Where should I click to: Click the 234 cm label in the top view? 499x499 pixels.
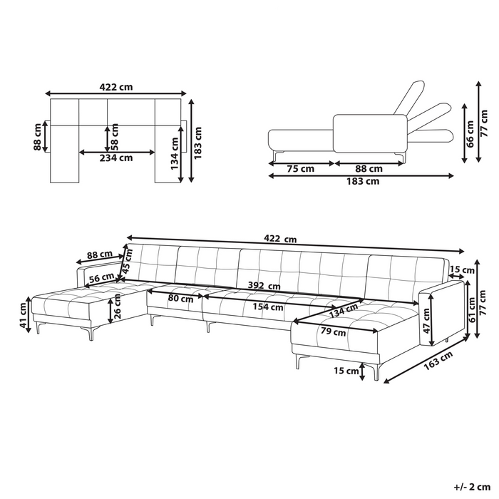(116, 158)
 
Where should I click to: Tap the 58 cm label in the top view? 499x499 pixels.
(115, 137)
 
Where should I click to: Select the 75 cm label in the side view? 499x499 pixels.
(300, 169)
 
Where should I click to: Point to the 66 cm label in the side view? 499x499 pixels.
(470, 134)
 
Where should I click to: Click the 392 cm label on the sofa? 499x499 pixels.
(264, 286)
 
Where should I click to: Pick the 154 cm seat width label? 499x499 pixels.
(268, 307)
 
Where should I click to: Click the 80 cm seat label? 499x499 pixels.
(181, 299)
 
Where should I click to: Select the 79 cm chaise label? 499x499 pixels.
(333, 331)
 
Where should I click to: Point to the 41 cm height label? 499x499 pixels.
(23, 315)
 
